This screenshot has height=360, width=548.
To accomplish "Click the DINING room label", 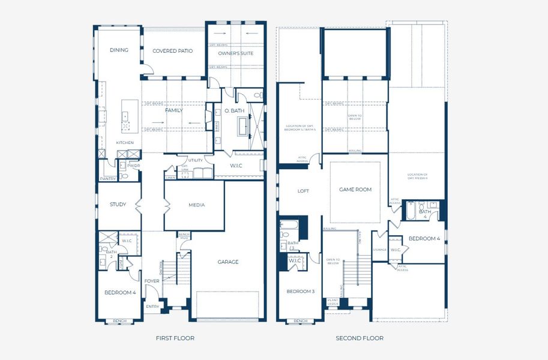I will (119, 50).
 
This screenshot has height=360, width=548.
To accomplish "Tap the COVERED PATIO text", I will (172, 51).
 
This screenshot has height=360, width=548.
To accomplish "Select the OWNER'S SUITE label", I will (236, 53).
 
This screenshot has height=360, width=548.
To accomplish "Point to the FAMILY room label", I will (174, 110).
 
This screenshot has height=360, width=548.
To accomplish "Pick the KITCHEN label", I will (125, 142).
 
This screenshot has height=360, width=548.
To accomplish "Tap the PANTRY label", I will (108, 178).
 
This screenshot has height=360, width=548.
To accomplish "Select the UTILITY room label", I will (195, 161).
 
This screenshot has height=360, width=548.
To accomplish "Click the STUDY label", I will (118, 205).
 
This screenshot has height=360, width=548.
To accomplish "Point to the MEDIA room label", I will (196, 205).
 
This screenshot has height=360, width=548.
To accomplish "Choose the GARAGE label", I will (228, 262).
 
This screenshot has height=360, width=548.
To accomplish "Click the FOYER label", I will (152, 281).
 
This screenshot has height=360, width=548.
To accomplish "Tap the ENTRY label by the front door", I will (153, 307).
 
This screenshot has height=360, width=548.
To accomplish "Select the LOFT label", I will (304, 191).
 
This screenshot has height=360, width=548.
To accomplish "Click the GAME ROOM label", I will (355, 190).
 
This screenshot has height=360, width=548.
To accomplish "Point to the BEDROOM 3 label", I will (300, 291).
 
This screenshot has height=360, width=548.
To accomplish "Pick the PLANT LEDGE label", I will (333, 302).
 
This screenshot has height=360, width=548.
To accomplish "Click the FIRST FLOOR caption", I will (175, 338).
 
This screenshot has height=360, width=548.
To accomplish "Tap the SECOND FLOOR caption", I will (360, 338).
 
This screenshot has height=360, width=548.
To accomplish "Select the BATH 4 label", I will (425, 214).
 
